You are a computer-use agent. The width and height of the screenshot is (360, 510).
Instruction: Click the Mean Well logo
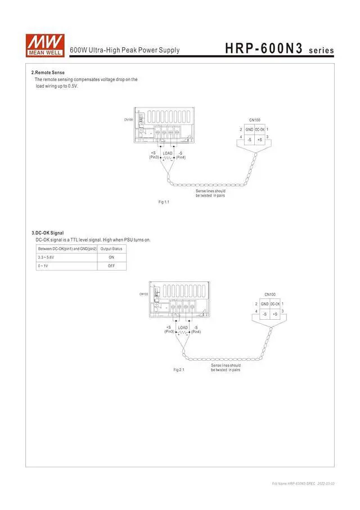[x=44, y=44]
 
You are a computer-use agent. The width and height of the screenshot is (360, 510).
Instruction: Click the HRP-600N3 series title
[x=279, y=50]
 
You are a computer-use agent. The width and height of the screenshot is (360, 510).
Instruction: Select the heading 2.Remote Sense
[x=48, y=73]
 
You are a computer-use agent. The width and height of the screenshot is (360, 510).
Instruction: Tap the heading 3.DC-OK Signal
[x=48, y=233]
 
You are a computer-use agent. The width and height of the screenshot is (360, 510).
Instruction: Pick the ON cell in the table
[x=111, y=257]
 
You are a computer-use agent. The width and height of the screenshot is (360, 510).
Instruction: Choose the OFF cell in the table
[x=111, y=265]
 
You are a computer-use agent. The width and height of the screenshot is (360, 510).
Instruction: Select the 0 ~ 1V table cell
[x=43, y=265]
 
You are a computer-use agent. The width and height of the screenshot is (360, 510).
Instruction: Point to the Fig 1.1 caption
[x=163, y=202]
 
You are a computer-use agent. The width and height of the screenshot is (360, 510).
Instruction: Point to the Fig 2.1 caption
[x=179, y=369]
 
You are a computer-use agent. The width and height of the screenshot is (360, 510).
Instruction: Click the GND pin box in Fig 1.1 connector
[x=249, y=130]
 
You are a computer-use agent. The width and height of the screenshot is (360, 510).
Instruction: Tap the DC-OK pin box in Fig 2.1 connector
[x=275, y=304]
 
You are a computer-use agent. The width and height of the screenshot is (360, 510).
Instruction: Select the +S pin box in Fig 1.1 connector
[x=259, y=138]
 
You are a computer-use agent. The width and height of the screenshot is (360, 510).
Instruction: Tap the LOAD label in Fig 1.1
[x=168, y=153]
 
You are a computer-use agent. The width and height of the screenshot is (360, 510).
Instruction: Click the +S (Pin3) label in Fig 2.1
[x=169, y=330]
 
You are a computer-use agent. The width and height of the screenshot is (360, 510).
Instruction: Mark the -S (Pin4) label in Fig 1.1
[x=181, y=155]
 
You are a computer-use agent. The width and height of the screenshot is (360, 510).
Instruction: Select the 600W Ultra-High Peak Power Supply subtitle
[x=125, y=51]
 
